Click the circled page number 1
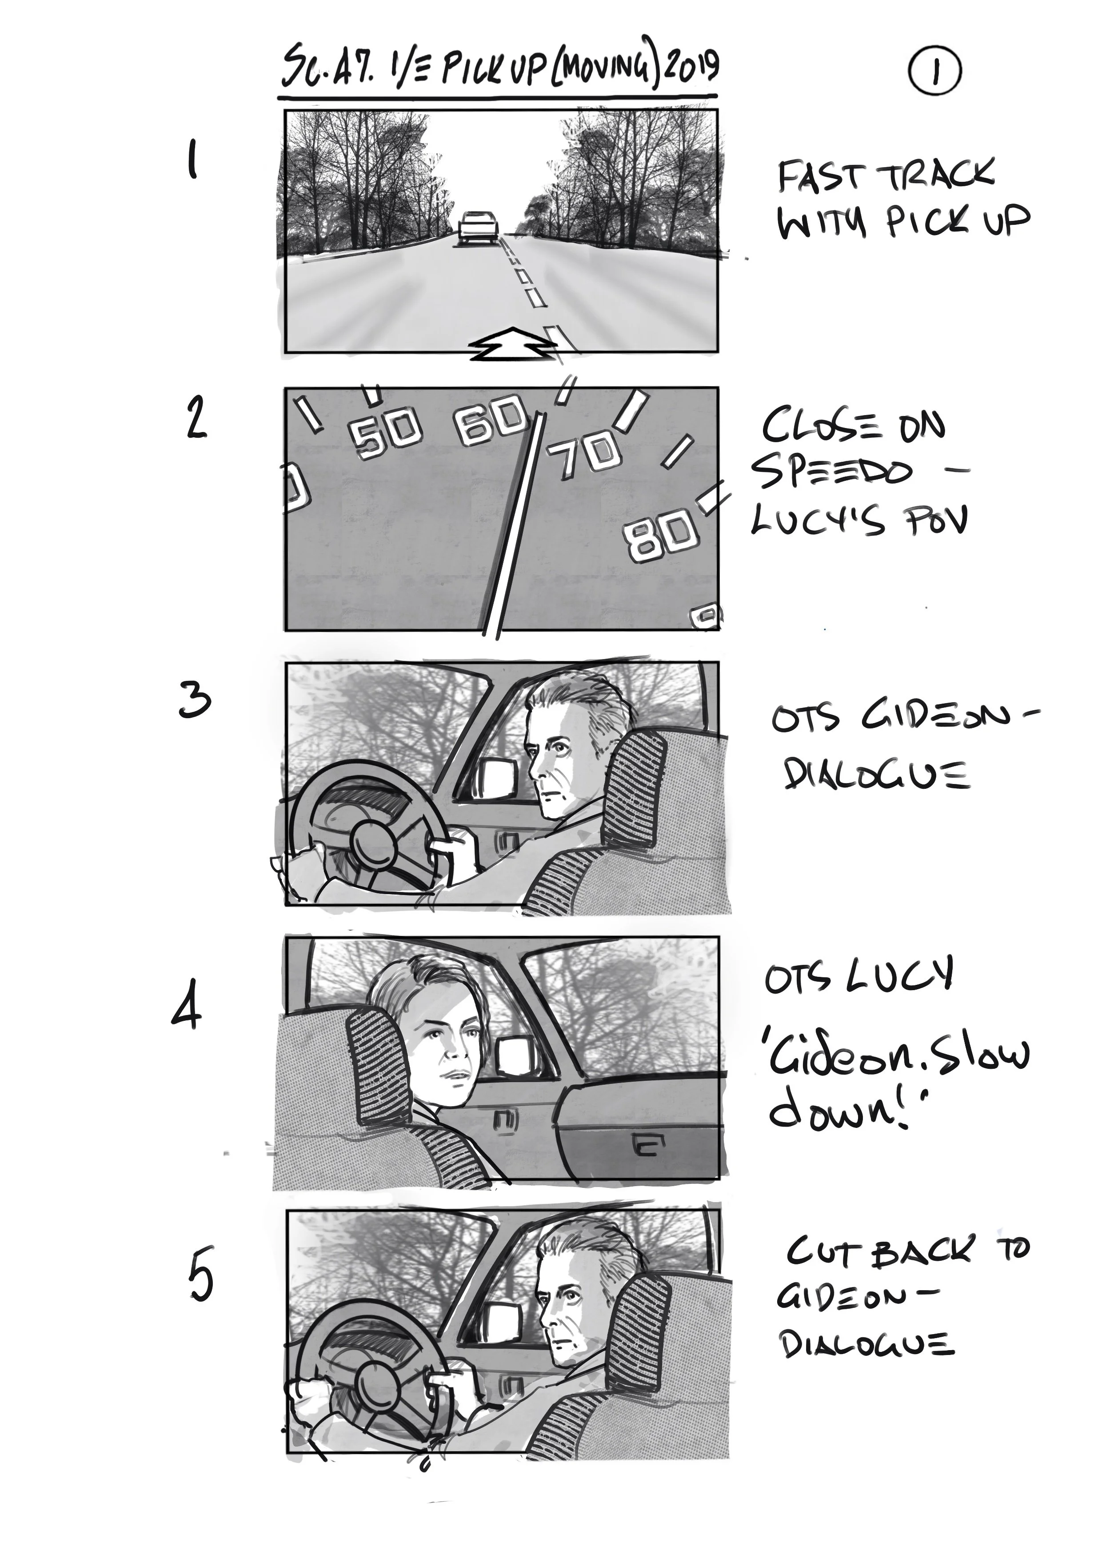[934, 72]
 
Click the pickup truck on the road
[478, 226]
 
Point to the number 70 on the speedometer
[584, 454]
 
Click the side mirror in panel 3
[499, 777]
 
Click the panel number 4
[186, 1012]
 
